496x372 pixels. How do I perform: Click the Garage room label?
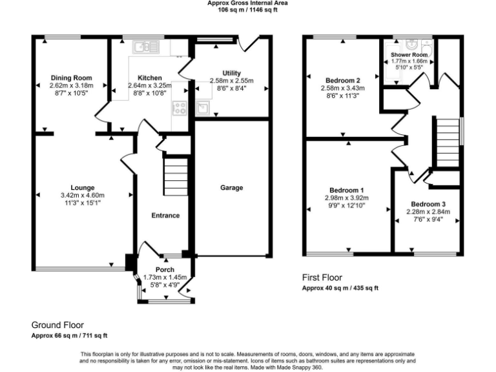[232, 187]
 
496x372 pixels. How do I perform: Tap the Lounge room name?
[83, 187]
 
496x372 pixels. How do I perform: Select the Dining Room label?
[72, 77]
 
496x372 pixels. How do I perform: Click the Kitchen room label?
[150, 77]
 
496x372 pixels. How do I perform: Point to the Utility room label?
[232, 73]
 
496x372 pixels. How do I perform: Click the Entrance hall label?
[165, 216]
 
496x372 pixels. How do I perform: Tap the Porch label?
[165, 269]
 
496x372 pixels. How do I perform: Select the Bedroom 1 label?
[346, 190]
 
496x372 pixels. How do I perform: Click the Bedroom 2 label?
[343, 80]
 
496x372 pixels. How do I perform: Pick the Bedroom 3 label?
[428, 204]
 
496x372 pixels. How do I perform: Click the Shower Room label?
[409, 55]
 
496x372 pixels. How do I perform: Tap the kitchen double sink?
[146, 47]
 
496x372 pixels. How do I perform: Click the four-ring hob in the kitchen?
[180, 108]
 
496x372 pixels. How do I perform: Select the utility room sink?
[202, 108]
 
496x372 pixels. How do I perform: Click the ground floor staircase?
[176, 177]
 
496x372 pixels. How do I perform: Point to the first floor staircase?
[448, 143]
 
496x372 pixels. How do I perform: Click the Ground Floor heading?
[57, 325]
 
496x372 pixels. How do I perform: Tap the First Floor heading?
[322, 278]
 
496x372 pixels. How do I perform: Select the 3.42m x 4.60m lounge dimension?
[83, 196]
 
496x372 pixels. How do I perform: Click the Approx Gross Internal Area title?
[248, 3]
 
